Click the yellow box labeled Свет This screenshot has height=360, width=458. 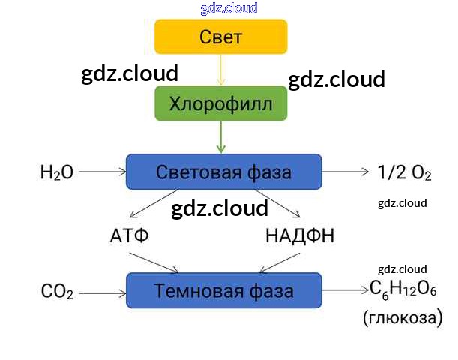220,36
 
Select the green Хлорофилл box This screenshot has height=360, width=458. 220,103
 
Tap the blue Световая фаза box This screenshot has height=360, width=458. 223,172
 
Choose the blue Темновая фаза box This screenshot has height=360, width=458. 223,290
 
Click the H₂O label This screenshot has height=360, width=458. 57,172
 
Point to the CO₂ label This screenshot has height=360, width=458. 57,291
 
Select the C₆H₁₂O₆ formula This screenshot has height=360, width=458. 403,290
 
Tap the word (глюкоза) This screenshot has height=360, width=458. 403,318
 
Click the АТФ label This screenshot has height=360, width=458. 130,236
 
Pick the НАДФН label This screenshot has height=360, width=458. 299,236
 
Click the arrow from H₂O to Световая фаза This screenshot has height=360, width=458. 101,172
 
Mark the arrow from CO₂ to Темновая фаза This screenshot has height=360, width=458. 101,290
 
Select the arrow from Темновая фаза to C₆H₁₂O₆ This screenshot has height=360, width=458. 346,290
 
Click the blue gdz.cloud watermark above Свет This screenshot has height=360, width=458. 229,8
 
